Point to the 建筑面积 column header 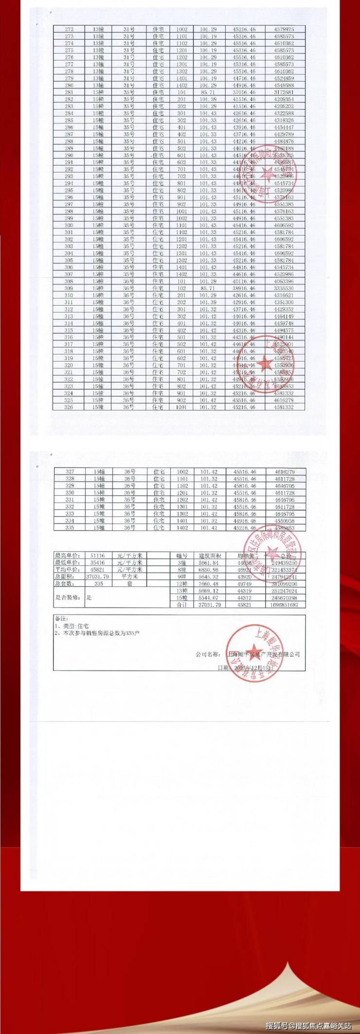click(x=210, y=556)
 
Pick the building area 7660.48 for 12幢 click(x=209, y=584)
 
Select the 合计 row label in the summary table click(x=181, y=605)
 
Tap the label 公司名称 click(x=209, y=654)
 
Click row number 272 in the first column click(x=69, y=29)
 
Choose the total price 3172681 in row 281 click(x=284, y=92)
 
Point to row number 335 click(x=70, y=527)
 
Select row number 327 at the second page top click(x=70, y=472)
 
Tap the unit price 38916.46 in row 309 click(x=245, y=289)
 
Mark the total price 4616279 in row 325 click(x=284, y=400)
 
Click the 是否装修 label click(x=68, y=597)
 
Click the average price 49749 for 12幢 click(x=244, y=584)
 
